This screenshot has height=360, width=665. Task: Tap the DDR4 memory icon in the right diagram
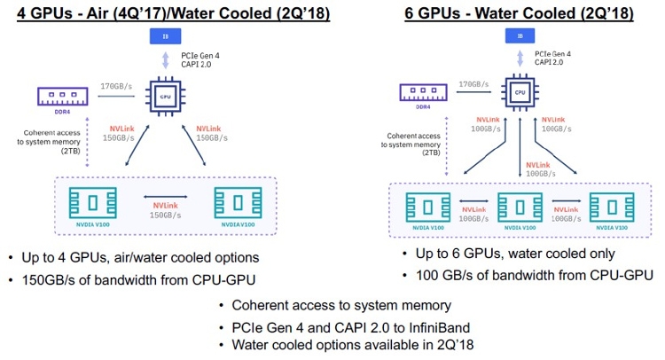pyautogui.click(x=422, y=91)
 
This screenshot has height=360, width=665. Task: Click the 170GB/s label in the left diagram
pyautogui.click(x=116, y=87)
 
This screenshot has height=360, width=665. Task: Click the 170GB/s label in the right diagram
pyautogui.click(x=475, y=85)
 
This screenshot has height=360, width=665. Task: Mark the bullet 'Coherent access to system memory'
pyautogui.click(x=344, y=306)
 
